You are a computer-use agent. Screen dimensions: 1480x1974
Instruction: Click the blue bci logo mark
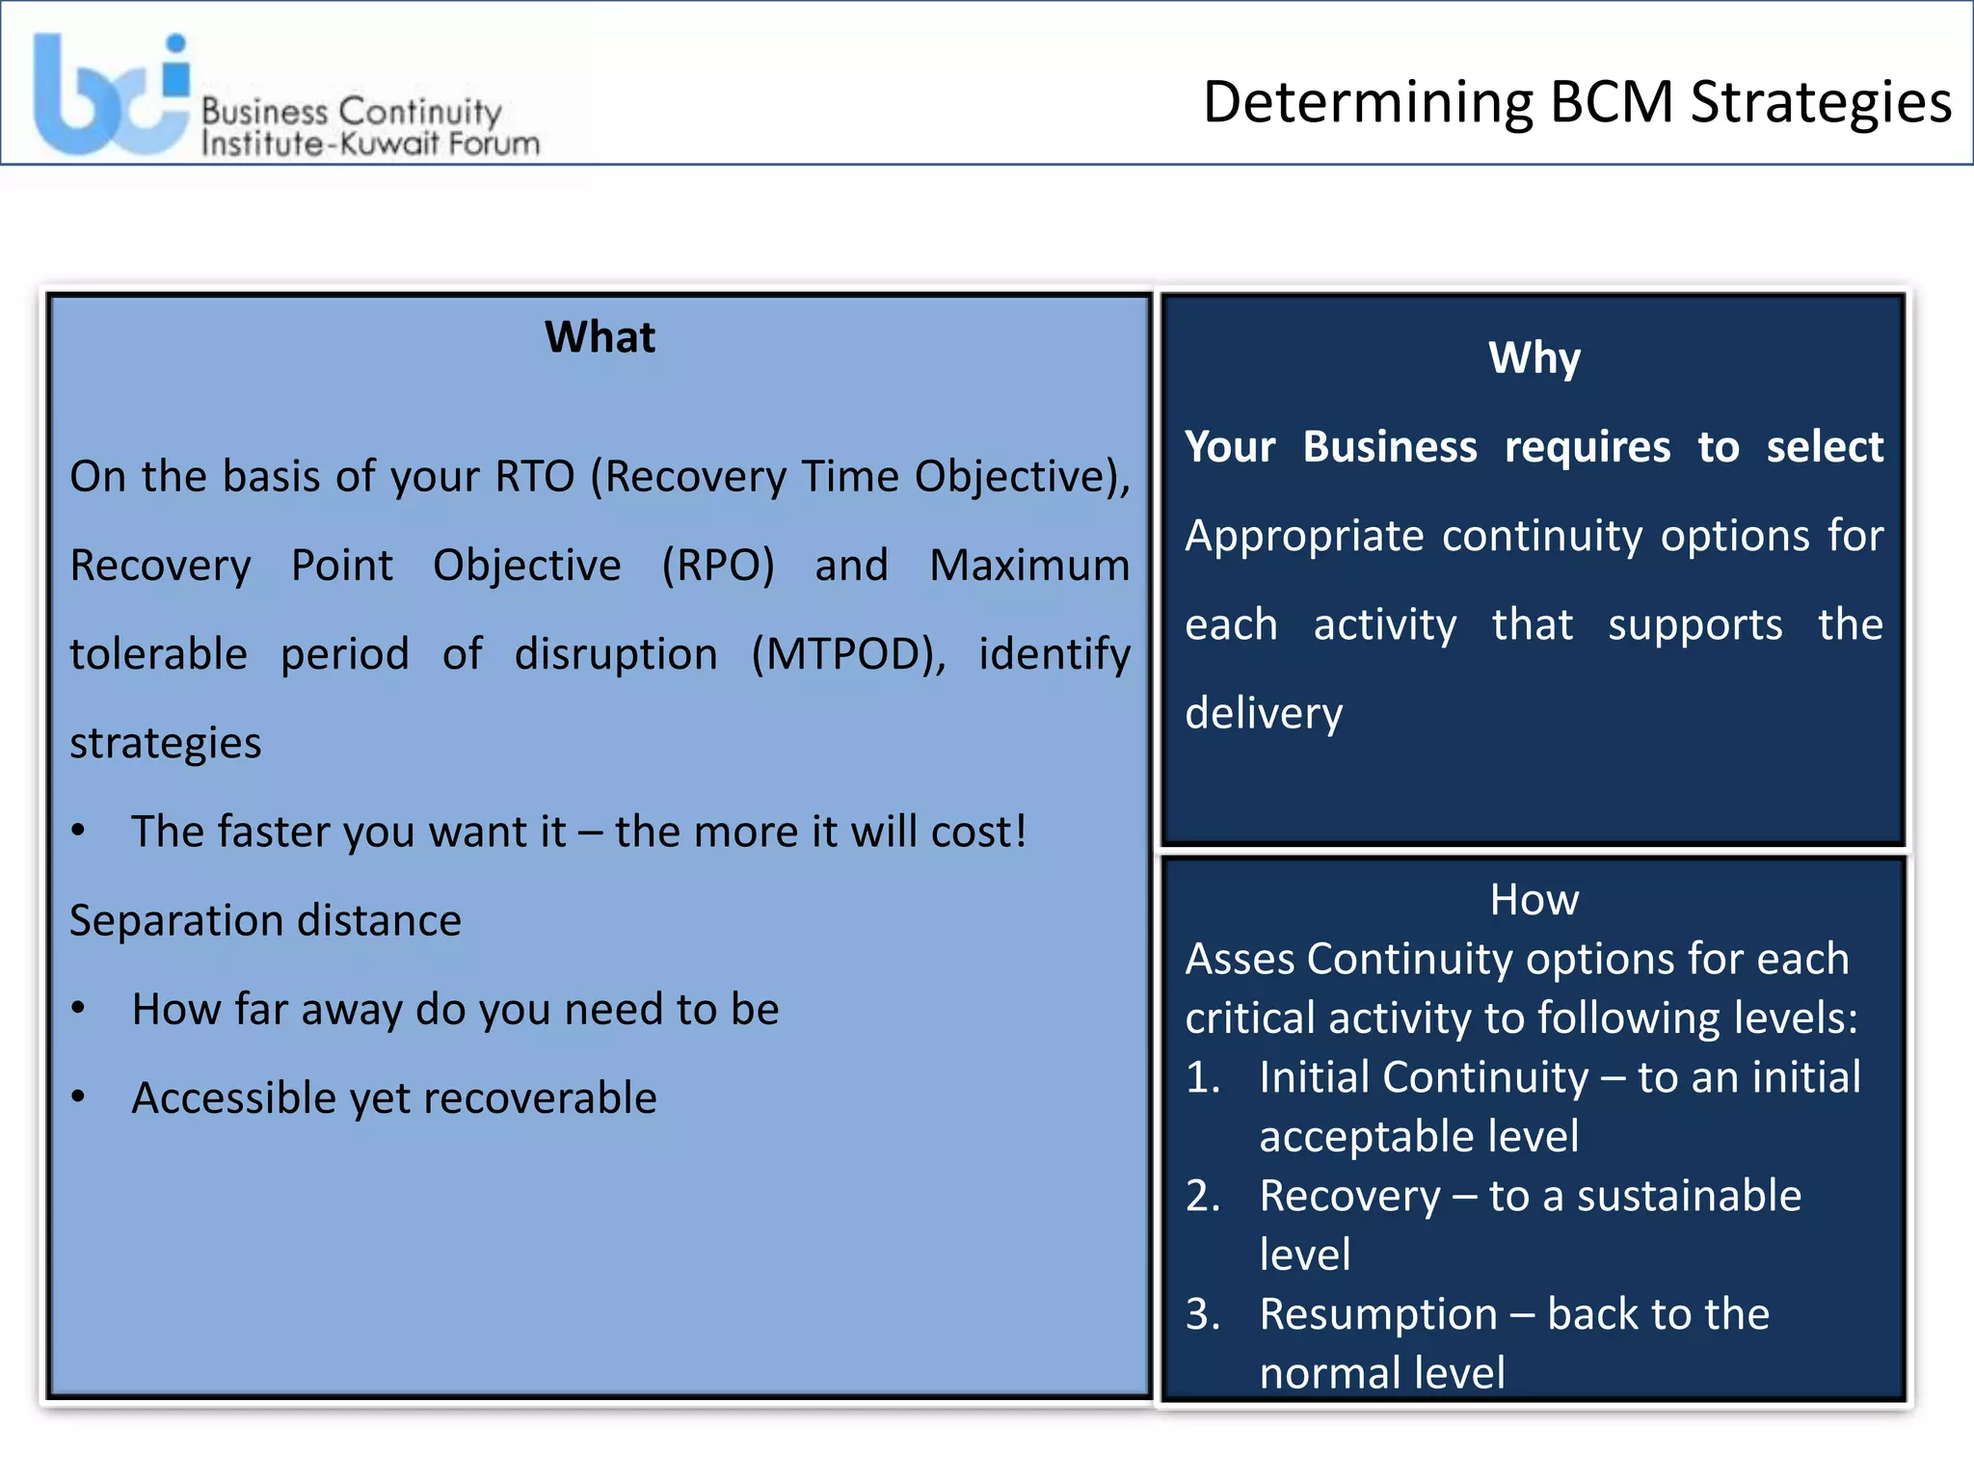click(111, 96)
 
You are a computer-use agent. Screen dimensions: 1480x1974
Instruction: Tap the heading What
click(600, 337)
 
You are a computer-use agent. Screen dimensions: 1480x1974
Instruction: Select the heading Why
click(1534, 357)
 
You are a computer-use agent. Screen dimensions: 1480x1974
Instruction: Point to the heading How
click(1534, 900)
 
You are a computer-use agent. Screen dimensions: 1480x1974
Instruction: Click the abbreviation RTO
click(534, 476)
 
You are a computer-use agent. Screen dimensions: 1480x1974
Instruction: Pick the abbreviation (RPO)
click(718, 566)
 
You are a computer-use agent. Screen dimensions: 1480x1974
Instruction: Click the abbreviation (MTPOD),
click(849, 654)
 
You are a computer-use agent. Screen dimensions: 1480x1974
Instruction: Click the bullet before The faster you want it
click(79, 831)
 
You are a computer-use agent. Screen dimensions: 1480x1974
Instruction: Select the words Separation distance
click(265, 920)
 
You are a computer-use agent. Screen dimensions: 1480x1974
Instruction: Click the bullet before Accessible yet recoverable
click(79, 1097)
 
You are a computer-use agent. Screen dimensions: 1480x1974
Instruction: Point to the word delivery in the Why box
click(1263, 714)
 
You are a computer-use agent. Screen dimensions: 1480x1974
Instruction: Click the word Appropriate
click(1303, 536)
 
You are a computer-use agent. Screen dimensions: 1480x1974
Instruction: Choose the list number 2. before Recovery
click(1203, 1196)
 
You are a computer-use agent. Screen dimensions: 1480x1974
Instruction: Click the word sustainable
click(1688, 1196)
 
